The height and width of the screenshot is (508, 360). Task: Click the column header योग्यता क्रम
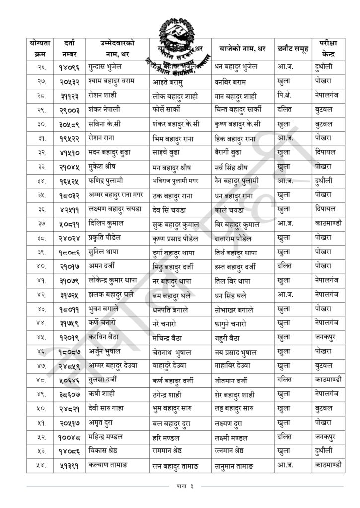(x=40, y=48)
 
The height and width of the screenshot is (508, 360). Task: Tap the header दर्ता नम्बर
(x=69, y=48)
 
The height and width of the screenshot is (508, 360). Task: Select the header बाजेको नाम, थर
(x=243, y=48)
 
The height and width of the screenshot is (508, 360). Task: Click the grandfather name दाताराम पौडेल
(x=237, y=238)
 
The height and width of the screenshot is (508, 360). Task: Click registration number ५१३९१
(x=69, y=466)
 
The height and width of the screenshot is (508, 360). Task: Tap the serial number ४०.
(x=40, y=266)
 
